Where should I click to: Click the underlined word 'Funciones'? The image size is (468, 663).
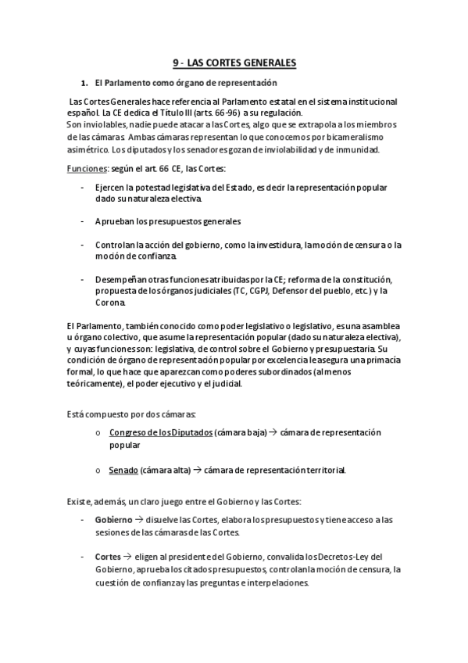[x=82, y=169]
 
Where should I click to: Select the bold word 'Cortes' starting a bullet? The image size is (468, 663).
[x=108, y=557]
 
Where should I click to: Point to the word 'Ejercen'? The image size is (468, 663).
[x=108, y=188]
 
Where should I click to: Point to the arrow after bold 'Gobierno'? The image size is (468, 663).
[x=138, y=519]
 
